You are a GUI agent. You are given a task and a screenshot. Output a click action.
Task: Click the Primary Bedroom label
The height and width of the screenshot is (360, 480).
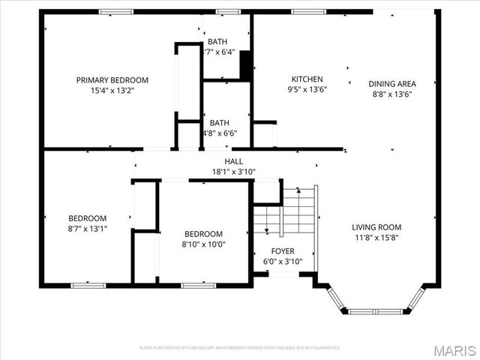click(x=112, y=79)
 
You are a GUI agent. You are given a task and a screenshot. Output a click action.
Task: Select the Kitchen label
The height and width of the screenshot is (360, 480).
click(x=307, y=79)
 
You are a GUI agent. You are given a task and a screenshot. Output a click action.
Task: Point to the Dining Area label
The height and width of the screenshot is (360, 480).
click(x=391, y=84)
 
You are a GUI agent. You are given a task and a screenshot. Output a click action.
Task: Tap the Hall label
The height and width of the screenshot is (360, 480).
click(x=233, y=160)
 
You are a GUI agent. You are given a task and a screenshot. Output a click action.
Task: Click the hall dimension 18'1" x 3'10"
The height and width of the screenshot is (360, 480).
click(x=233, y=171)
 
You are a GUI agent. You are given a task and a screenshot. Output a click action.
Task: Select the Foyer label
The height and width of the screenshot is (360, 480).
click(x=283, y=251)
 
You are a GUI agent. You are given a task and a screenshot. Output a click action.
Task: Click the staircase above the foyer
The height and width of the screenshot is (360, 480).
click(x=286, y=211)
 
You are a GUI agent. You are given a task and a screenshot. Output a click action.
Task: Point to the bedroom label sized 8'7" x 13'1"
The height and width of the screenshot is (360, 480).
click(x=88, y=218)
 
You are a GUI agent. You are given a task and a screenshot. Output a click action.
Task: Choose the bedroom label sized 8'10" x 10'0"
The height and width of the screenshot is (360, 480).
click(x=203, y=234)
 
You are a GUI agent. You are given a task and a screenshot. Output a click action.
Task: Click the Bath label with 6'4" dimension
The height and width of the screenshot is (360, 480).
click(x=218, y=41)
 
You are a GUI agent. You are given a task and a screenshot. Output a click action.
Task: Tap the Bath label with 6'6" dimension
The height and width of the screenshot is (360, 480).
click(x=220, y=123)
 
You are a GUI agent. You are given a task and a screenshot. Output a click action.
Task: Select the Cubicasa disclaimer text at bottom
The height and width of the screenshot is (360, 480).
click(x=240, y=348)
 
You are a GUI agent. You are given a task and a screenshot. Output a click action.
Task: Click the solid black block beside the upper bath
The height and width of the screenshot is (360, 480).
click(x=244, y=65)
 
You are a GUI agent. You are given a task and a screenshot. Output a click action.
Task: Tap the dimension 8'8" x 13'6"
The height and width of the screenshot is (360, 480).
click(x=391, y=94)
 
